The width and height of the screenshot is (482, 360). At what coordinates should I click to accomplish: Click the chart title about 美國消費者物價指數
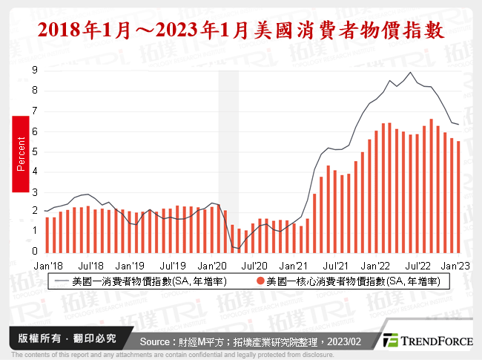[241, 30]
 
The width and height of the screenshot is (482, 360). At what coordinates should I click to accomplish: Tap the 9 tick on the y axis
[35, 70]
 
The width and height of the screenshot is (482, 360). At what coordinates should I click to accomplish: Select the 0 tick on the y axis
[35, 252]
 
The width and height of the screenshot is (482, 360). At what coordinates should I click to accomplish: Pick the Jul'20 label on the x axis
[254, 264]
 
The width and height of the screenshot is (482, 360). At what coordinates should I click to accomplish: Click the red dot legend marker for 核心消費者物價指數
[261, 281]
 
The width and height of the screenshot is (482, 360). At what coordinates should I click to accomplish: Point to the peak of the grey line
[410, 72]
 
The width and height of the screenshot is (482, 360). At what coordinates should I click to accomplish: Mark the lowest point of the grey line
[238, 248]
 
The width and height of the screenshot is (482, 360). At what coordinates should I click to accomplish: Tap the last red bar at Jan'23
[458, 196]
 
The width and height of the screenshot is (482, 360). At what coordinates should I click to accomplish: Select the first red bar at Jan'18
[47, 234]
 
